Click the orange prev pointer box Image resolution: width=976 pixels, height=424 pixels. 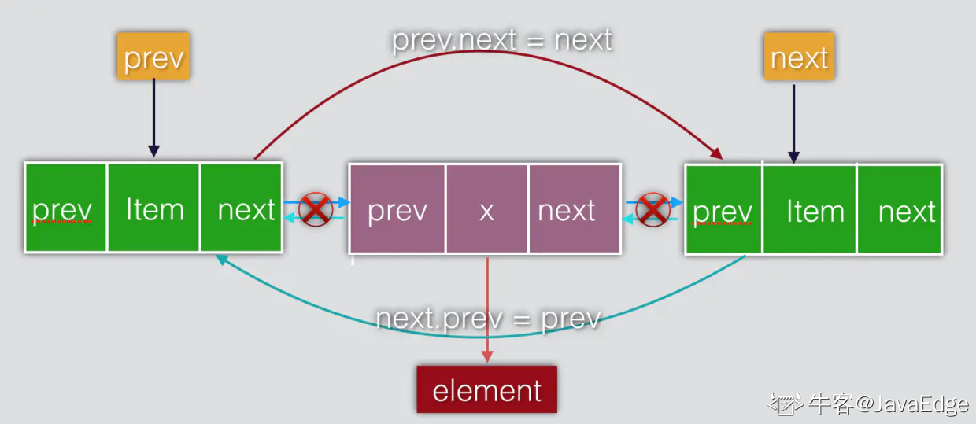[153, 57]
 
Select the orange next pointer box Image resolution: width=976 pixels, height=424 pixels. [799, 57]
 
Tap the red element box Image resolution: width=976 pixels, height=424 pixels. [486, 389]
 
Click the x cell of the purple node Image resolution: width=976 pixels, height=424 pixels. [486, 210]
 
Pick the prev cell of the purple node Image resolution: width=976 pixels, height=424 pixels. [397, 210]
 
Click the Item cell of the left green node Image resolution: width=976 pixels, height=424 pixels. [154, 208]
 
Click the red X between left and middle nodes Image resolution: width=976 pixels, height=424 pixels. [315, 209]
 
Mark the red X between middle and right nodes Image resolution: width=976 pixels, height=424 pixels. [653, 209]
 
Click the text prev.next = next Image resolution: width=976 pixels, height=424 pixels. [501, 39]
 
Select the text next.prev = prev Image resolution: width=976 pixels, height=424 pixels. [488, 319]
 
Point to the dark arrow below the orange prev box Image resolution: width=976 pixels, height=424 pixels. [154, 118]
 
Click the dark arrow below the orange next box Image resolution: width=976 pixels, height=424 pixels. [793, 122]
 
